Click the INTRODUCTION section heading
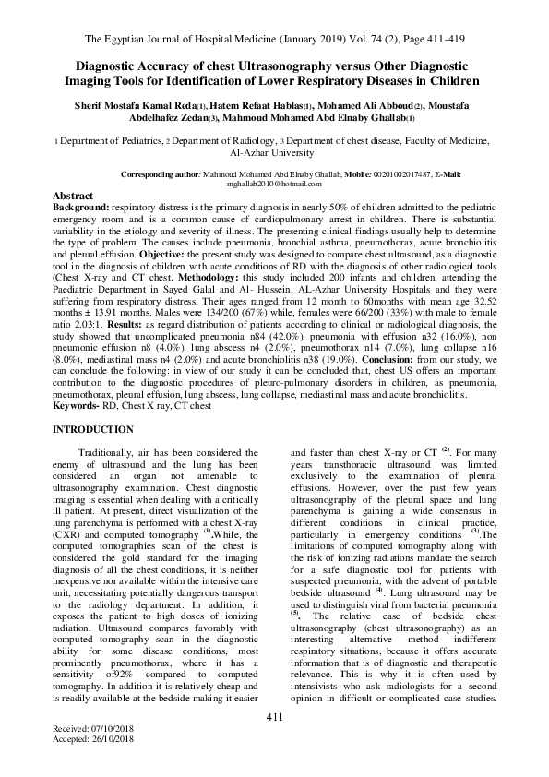click(x=93, y=430)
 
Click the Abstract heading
click(x=74, y=197)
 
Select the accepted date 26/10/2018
click(x=107, y=765)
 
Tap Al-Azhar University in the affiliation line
click(x=274, y=154)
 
